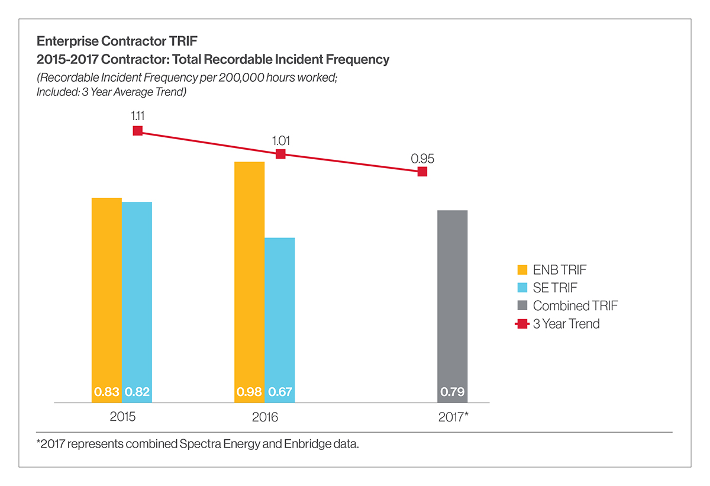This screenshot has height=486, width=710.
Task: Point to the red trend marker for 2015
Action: [x=138, y=131]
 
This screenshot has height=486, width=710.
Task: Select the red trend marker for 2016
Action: [x=281, y=154]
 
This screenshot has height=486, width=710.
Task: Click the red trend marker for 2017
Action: [x=422, y=172]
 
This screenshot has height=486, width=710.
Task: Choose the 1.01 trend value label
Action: [x=281, y=141]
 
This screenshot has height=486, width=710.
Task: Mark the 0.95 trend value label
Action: [x=422, y=159]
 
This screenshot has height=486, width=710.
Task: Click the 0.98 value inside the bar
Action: [x=250, y=392]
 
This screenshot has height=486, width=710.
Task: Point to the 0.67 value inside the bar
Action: [x=280, y=392]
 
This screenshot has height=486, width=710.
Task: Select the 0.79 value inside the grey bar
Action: [x=453, y=392]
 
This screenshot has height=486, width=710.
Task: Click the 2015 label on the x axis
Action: [x=122, y=417]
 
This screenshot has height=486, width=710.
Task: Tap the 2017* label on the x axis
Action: [x=453, y=417]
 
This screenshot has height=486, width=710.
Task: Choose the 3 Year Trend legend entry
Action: [x=559, y=324]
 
